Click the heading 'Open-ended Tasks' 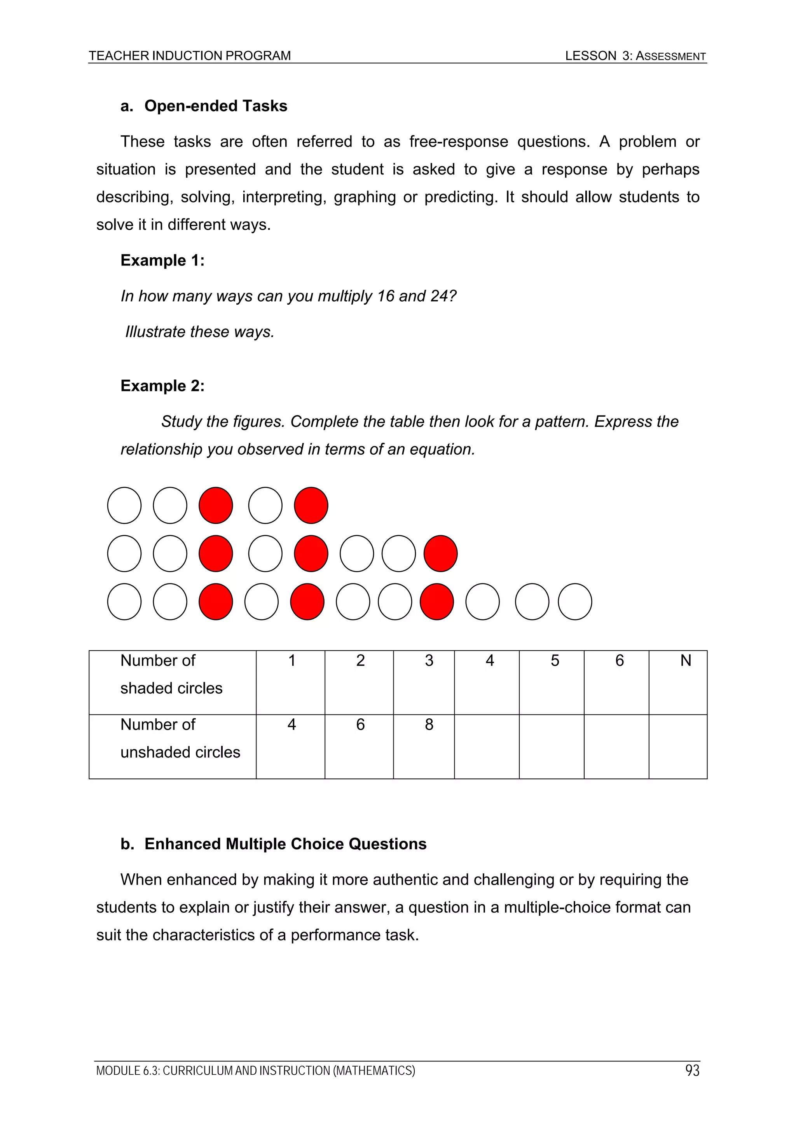[x=215, y=106]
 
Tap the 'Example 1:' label [x=162, y=260]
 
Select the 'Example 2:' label [x=162, y=386]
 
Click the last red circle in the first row [x=311, y=505]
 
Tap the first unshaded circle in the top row [x=124, y=505]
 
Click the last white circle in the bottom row [x=575, y=601]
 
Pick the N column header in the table [x=685, y=661]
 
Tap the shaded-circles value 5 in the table [x=554, y=661]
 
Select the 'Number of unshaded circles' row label [x=180, y=738]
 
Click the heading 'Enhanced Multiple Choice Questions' [x=285, y=843]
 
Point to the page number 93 [x=692, y=1070]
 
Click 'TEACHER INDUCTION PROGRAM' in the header [x=189, y=56]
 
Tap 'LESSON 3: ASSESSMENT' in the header [x=635, y=56]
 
